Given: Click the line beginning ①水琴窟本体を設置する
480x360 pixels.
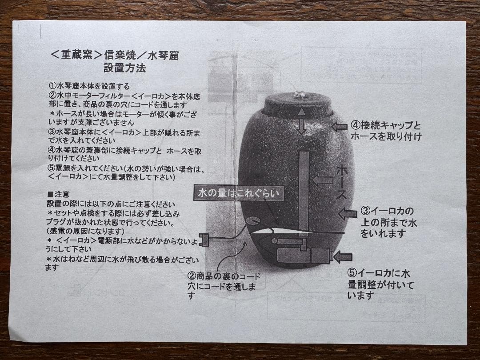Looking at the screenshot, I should coord(89,86).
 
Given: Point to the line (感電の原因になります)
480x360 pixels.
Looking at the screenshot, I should coord(85,231).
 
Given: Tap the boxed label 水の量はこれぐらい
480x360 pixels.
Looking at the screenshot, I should coord(239,193).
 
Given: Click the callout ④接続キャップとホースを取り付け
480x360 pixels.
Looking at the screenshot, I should coord(386,131).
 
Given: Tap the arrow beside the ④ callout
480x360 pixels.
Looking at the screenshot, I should coord(340,127).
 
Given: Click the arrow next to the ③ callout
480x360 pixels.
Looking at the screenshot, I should coord(348,214).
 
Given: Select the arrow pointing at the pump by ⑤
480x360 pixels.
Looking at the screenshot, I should coord(342,256).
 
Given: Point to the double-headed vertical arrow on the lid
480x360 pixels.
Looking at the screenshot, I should coord(302,120).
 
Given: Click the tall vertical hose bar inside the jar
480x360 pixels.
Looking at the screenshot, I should coord(304,191).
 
